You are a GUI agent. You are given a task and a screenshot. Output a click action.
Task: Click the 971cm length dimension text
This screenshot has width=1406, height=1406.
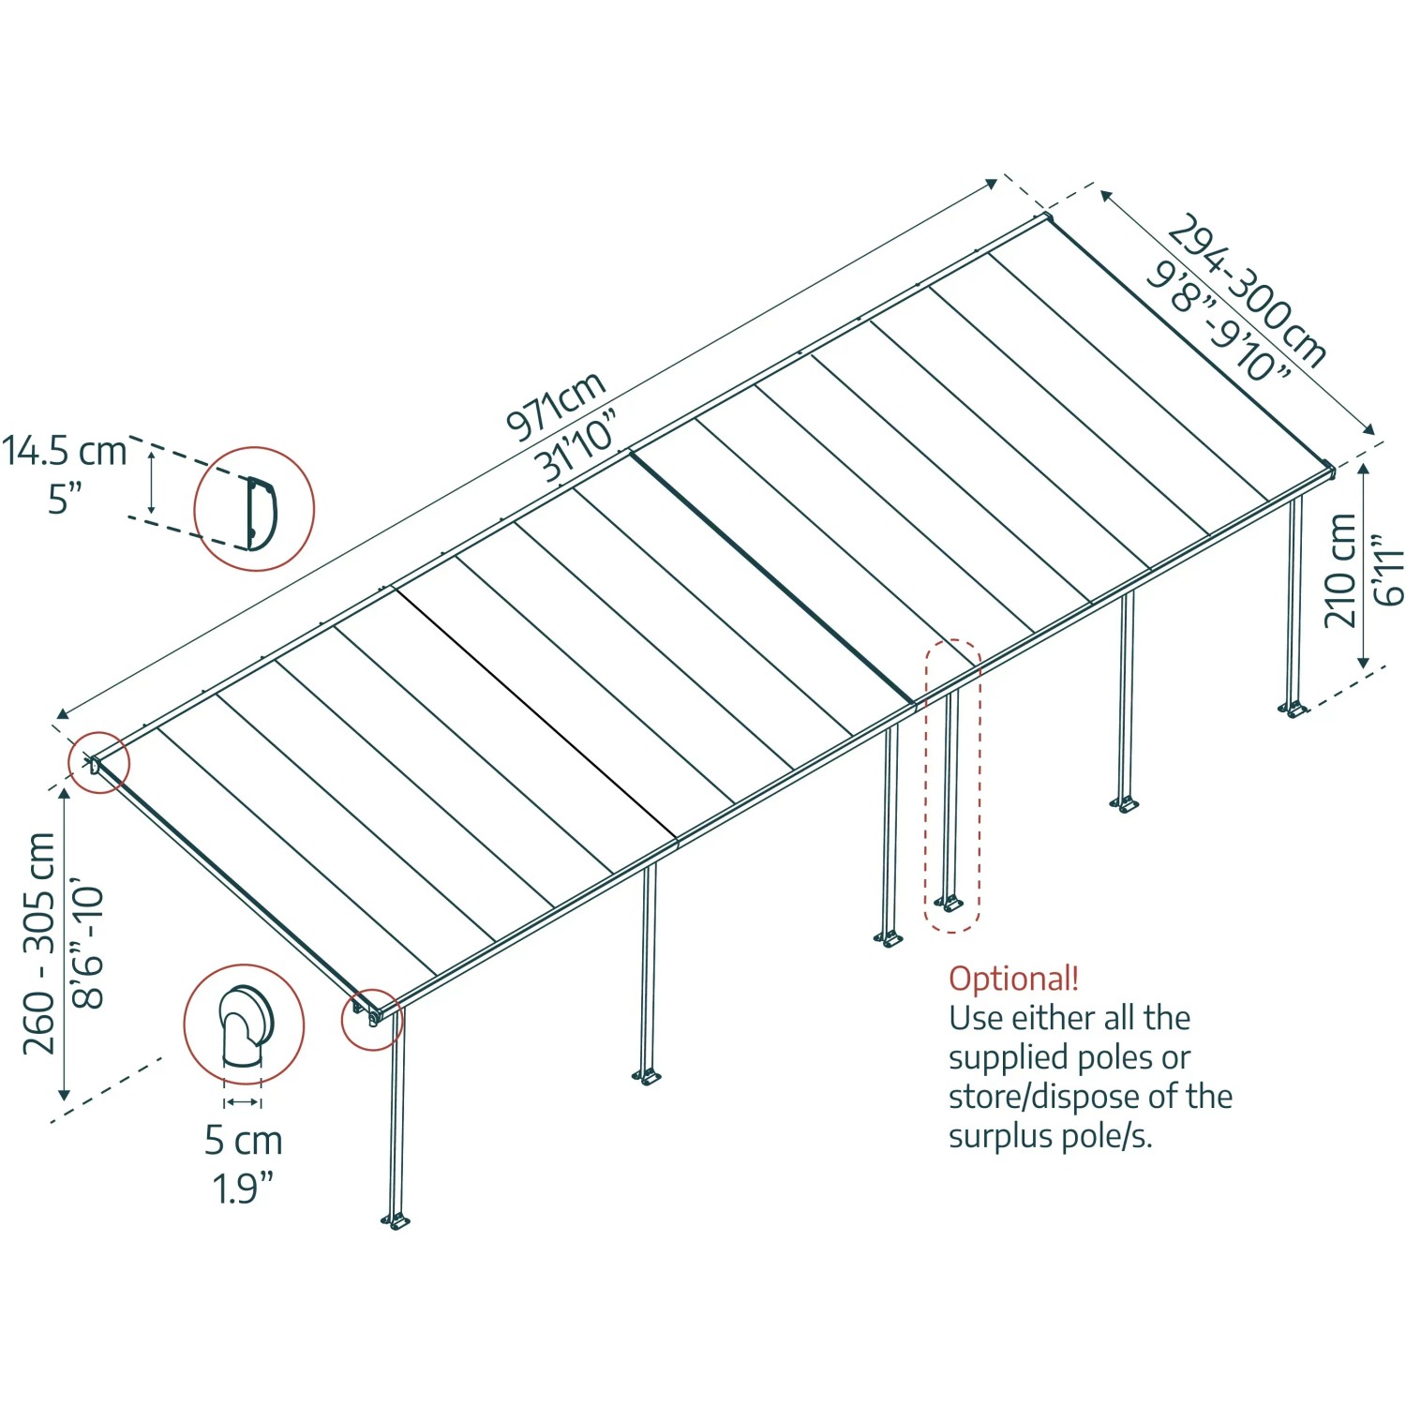556,406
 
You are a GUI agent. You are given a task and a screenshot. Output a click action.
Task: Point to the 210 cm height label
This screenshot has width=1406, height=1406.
1340,570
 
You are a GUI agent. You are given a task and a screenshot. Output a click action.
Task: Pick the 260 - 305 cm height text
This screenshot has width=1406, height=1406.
39,943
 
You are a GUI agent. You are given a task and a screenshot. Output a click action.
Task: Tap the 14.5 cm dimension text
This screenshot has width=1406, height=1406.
64,451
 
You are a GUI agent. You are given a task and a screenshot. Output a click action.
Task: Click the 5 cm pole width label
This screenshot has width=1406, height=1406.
243,1141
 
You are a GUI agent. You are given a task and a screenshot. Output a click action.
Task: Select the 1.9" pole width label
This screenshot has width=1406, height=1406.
242,1189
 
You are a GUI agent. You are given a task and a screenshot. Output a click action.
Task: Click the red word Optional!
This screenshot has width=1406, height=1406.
1013,979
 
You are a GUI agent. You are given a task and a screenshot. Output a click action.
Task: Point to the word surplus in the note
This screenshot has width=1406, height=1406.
1000,1136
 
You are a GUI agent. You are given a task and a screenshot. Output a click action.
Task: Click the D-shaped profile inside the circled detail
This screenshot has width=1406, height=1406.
260,512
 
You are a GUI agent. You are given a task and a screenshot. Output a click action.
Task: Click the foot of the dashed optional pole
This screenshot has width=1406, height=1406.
949,904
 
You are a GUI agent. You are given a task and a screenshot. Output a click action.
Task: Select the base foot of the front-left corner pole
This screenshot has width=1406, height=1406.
396,1220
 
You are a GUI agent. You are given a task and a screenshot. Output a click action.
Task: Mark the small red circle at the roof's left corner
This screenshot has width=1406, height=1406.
98,763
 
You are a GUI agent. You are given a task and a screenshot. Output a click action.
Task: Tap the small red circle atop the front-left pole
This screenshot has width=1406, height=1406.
371,1019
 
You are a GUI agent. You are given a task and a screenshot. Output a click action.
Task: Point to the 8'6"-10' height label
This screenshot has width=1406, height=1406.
89,943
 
